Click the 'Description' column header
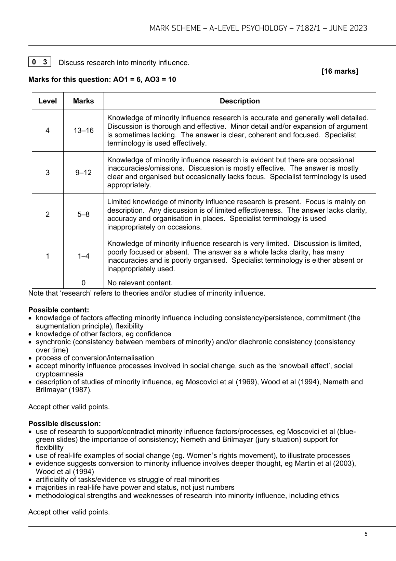point(239,101)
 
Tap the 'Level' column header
point(48,101)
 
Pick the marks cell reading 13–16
point(83,130)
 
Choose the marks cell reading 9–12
point(83,172)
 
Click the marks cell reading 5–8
point(83,214)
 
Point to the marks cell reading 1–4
point(83,256)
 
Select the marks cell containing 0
point(83,283)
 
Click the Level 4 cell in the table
point(48,130)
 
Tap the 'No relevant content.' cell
point(140,283)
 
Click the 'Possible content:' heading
point(58,310)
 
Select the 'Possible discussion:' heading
point(64,424)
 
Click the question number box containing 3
point(45,62)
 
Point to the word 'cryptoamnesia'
point(60,374)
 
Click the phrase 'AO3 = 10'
point(160,79)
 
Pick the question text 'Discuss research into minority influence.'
point(124,63)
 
